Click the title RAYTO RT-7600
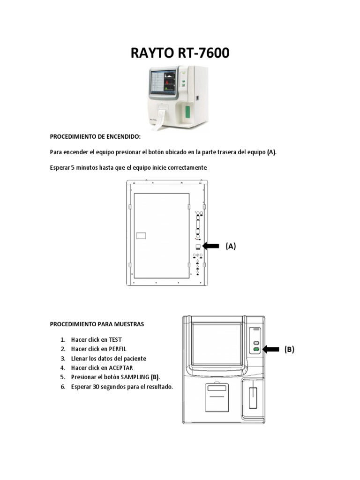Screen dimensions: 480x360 [180, 53]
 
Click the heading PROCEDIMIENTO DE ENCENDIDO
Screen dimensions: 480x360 [95, 136]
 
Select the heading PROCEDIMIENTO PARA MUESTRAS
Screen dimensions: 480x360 [97, 324]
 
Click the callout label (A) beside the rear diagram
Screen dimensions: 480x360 [231, 246]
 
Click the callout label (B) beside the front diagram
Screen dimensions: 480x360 [289, 349]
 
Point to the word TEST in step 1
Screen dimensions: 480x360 [115, 339]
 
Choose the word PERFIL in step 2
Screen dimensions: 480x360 [118, 349]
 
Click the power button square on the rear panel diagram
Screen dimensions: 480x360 [198, 247]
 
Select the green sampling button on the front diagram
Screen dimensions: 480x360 [256, 349]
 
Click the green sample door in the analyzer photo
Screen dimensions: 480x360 [188, 112]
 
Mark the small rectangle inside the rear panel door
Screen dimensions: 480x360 [141, 236]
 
